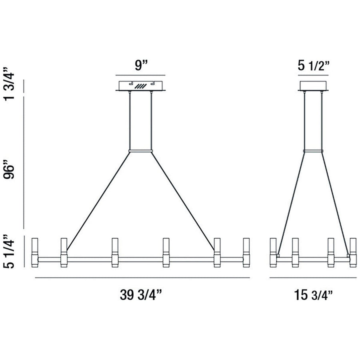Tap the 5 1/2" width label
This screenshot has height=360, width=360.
click(x=314, y=66)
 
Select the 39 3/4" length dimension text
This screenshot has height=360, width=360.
click(x=140, y=295)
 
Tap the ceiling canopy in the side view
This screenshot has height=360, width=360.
click(x=314, y=86)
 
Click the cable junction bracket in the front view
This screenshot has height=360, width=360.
click(x=140, y=151)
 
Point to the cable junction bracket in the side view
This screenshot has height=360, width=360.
click(x=314, y=151)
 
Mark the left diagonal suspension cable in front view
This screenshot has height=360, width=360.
click(x=98, y=200)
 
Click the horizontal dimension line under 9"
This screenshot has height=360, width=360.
click(x=140, y=75)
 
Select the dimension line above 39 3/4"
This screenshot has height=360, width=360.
click(x=142, y=277)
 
